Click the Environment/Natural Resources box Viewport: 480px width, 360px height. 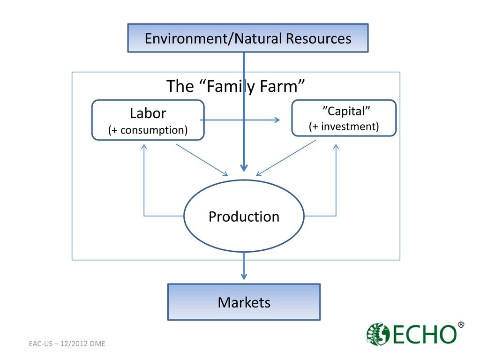(x=248, y=38)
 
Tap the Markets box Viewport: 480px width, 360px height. (x=244, y=302)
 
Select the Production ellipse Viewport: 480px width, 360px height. (x=244, y=217)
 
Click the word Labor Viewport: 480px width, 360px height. (x=148, y=113)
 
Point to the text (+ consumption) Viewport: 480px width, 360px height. (x=148, y=130)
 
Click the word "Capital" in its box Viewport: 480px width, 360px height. (x=344, y=111)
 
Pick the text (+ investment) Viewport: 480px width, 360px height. (x=344, y=126)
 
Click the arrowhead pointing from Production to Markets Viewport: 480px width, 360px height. (x=244, y=276)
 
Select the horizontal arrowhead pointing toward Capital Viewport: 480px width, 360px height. (x=277, y=120)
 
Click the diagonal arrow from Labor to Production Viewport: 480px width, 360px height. (x=202, y=160)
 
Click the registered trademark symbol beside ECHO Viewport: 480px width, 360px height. (x=461, y=324)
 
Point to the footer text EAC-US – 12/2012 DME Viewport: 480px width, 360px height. (x=67, y=344)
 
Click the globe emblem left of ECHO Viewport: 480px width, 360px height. (x=377, y=334)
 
